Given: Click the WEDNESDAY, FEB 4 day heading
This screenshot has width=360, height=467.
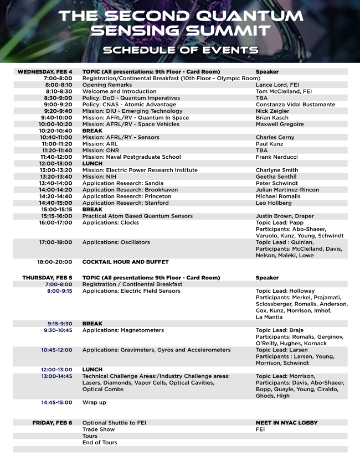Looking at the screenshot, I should [45, 72].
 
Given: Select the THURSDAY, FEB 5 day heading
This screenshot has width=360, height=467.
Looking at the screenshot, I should [47, 278].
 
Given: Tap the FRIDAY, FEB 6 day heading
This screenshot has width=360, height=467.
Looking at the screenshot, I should [52, 423].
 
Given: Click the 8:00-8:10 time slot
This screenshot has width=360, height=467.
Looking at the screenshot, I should [58, 85].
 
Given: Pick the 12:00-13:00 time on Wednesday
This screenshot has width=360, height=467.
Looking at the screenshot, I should [55, 164].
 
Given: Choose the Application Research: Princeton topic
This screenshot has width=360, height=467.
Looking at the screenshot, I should [127, 196].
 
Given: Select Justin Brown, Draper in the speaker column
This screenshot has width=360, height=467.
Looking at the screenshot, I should [285, 216].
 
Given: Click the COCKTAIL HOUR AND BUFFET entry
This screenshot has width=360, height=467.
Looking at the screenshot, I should [125, 262].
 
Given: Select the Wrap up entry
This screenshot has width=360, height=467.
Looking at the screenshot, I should [94, 403].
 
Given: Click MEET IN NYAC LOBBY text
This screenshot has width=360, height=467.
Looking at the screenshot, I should [286, 423].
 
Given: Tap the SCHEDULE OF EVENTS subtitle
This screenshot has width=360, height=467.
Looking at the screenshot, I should [180, 50].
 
